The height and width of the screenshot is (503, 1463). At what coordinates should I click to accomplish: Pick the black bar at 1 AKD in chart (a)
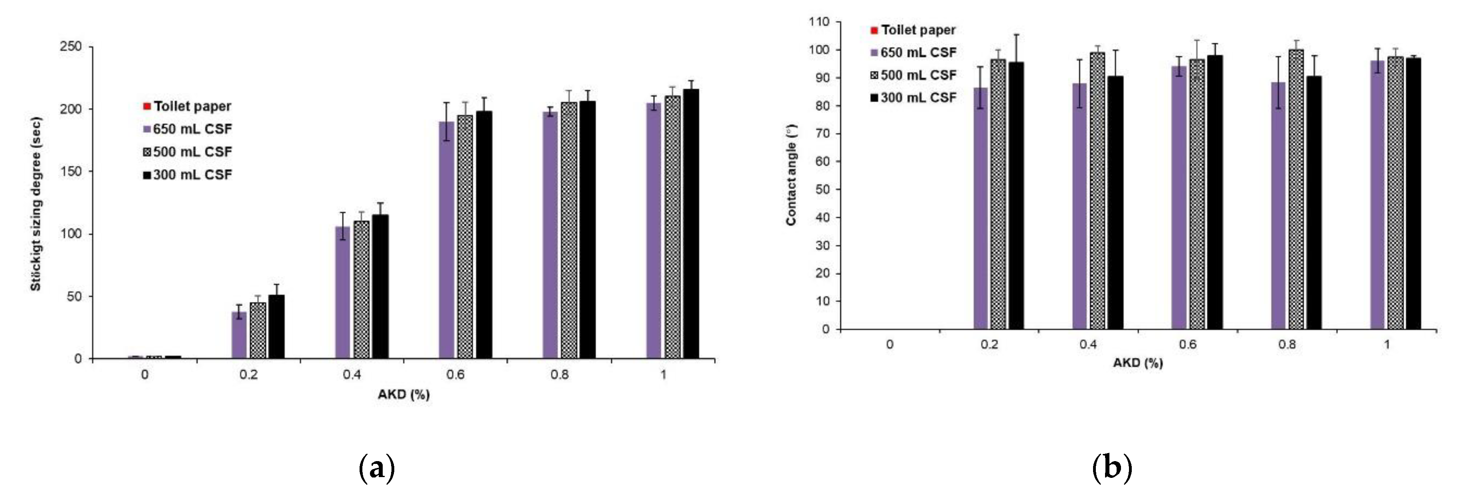pyautogui.click(x=691, y=224)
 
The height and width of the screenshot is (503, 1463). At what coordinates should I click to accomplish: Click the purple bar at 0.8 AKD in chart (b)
pyautogui.click(x=1278, y=205)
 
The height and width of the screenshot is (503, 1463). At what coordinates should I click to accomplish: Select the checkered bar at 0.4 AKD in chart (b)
pyautogui.click(x=1097, y=191)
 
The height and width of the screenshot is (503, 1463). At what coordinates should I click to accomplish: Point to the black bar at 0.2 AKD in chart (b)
pyautogui.click(x=1016, y=195)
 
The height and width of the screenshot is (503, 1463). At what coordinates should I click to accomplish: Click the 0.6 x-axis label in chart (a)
pyautogui.click(x=455, y=375)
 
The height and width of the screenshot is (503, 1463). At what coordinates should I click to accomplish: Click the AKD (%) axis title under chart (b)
pyautogui.click(x=1138, y=363)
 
